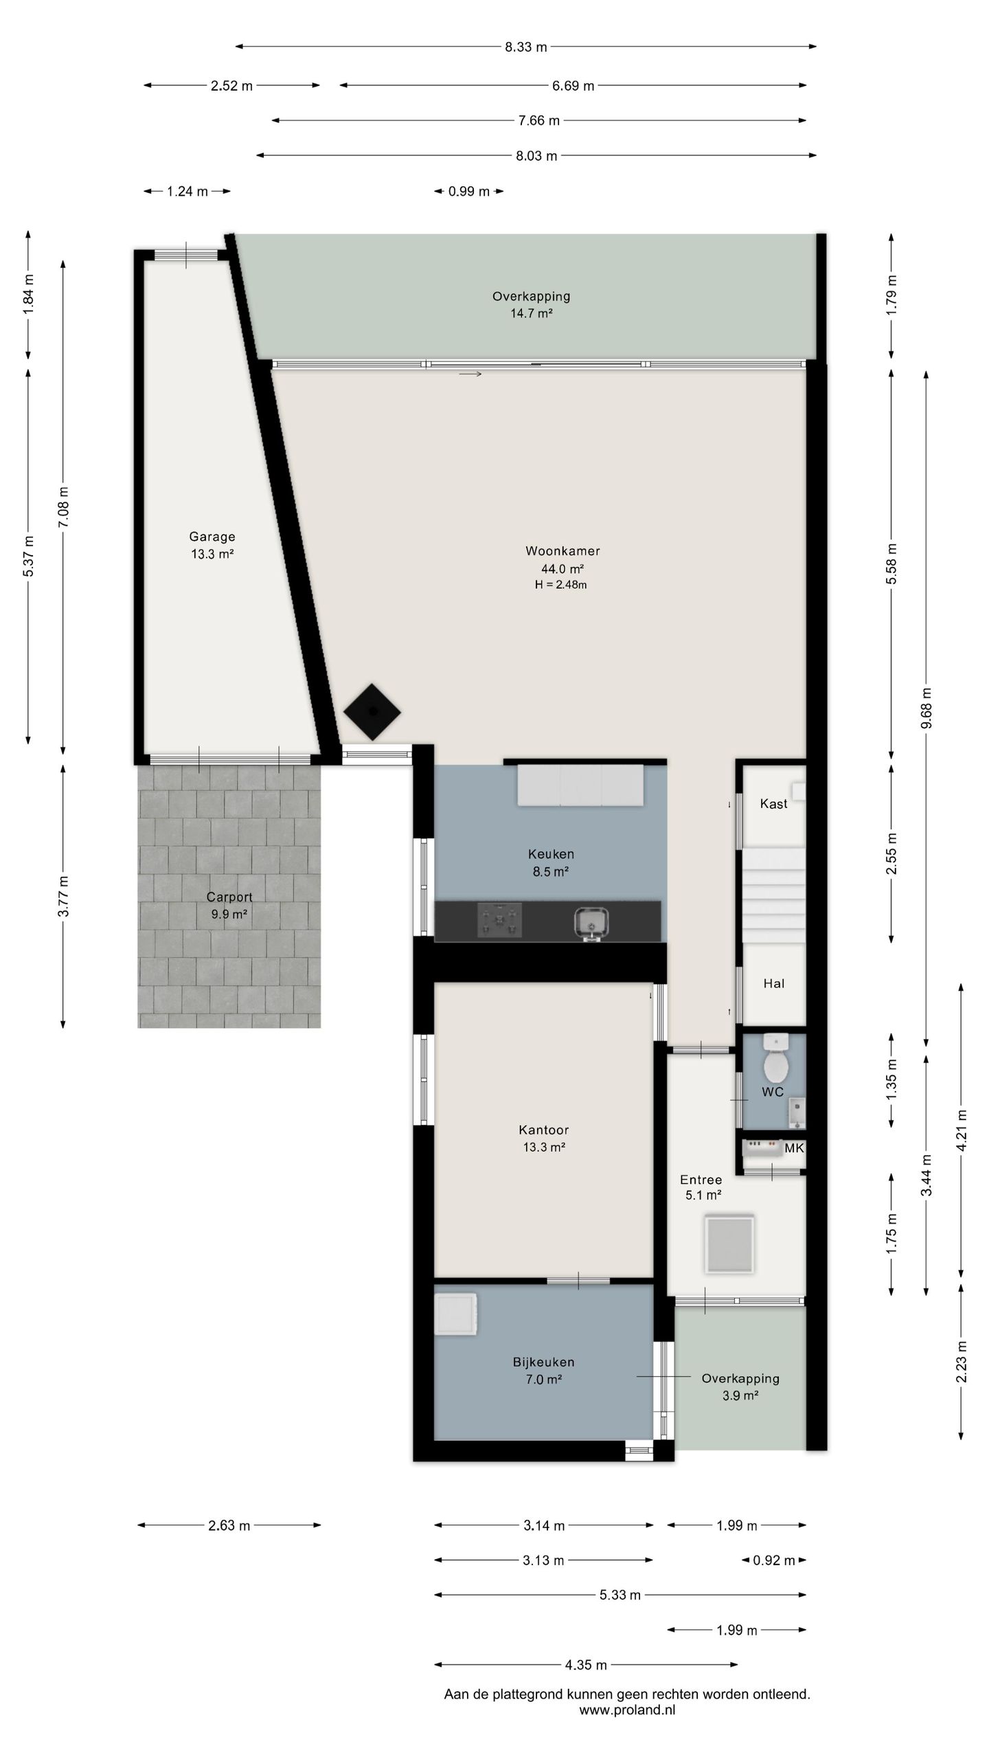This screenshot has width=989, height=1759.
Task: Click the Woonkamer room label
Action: pyautogui.click(x=562, y=551)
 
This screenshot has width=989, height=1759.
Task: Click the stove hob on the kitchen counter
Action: pyautogui.click(x=500, y=919)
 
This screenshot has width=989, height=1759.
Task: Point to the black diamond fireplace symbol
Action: pyautogui.click(x=372, y=712)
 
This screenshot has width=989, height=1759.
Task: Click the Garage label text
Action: pyautogui.click(x=212, y=537)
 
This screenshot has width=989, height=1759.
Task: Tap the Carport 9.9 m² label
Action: pyautogui.click(x=229, y=906)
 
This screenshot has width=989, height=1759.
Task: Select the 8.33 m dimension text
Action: pyautogui.click(x=526, y=47)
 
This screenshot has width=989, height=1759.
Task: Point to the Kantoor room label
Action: pyautogui.click(x=544, y=1130)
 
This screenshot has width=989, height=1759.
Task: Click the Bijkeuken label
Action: pyautogui.click(x=543, y=1362)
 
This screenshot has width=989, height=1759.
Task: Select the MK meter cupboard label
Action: pyautogui.click(x=794, y=1148)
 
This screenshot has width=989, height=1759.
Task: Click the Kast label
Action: pyautogui.click(x=773, y=804)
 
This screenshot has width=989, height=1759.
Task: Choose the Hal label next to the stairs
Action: pyautogui.click(x=773, y=984)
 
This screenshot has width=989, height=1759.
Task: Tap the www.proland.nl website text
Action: pyautogui.click(x=627, y=1710)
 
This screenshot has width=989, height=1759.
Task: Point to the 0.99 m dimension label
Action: pyautogui.click(x=469, y=192)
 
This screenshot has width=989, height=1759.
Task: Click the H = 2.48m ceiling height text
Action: pyautogui.click(x=561, y=585)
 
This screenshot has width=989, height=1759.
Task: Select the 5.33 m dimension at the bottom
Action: pyautogui.click(x=620, y=1595)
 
